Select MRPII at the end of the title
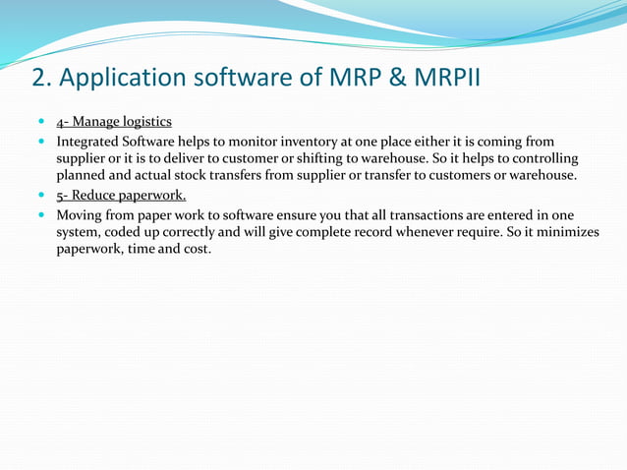point(447,78)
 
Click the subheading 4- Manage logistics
point(114,122)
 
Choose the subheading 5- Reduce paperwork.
point(121,195)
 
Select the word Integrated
point(90,142)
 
